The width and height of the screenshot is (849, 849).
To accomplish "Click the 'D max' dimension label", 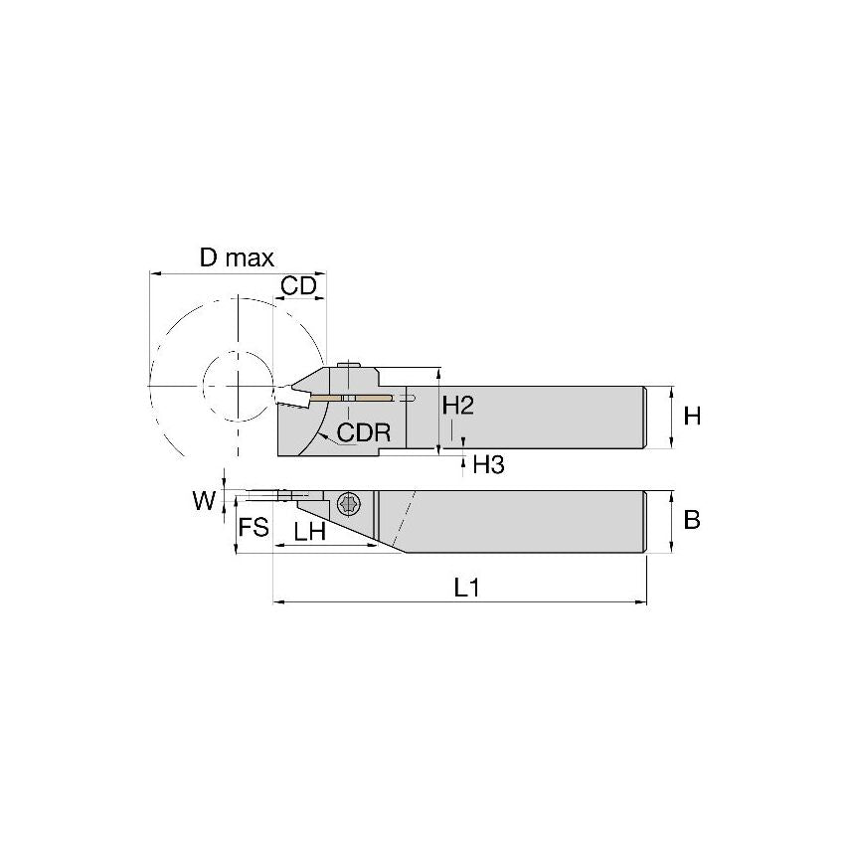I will tap(237, 258).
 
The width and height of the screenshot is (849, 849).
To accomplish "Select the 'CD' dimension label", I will tap(298, 286).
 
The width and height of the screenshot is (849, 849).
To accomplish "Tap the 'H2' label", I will tap(457, 407).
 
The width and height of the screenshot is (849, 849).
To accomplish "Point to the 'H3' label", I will tap(488, 464).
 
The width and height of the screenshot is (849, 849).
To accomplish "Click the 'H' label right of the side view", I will tap(692, 417).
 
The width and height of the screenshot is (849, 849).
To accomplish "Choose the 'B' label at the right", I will tap(692, 520).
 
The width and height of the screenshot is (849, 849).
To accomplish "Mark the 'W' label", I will tap(204, 501).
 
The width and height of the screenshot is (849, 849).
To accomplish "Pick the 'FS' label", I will tap(255, 527).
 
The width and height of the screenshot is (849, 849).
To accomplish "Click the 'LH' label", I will tap(310, 531).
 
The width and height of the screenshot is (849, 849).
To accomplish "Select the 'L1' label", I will tap(467, 588).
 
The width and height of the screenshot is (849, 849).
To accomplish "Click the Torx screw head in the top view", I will tap(348, 503).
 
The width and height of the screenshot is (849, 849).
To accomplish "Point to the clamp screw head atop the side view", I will tap(348, 367).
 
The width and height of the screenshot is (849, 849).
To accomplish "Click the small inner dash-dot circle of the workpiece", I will tap(238, 384).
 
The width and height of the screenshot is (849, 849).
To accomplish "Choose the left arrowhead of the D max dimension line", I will tap(152, 271).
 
